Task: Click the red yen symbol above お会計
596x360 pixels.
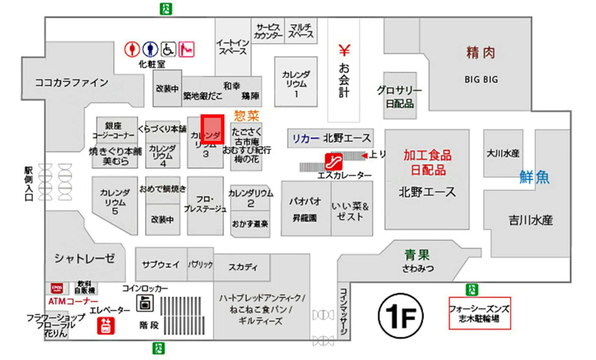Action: pyautogui.click(x=344, y=50)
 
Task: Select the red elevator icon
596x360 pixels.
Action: pyautogui.click(x=106, y=326)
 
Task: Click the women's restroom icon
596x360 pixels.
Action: pyautogui.click(x=132, y=49)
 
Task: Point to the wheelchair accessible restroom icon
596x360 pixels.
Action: pyautogui.click(x=168, y=49)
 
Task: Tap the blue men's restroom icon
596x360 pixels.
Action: pyautogui.click(x=150, y=49)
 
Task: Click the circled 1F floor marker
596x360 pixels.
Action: pyautogui.click(x=401, y=316)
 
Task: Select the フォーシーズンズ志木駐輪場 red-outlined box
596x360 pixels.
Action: pyautogui.click(x=479, y=313)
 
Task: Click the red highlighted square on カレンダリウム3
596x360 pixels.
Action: pyautogui.click(x=213, y=130)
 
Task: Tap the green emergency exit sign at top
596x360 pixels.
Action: pyautogui.click(x=166, y=9)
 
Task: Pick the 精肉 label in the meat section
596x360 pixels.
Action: pyautogui.click(x=481, y=53)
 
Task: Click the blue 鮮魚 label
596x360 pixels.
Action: pyautogui.click(x=534, y=177)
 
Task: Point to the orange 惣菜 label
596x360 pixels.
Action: pyautogui.click(x=246, y=115)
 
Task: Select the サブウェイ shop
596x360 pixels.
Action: pyautogui.click(x=161, y=265)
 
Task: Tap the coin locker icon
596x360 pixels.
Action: pyautogui.click(x=145, y=303)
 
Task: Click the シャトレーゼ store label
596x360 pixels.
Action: pyautogui.click(x=84, y=258)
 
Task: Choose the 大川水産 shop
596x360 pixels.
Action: pyautogui.click(x=503, y=153)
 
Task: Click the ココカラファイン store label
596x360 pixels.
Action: pyautogui.click(x=71, y=83)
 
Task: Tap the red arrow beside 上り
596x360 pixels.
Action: pyautogui.click(x=364, y=156)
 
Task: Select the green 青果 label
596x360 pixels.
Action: pyautogui.click(x=417, y=255)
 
